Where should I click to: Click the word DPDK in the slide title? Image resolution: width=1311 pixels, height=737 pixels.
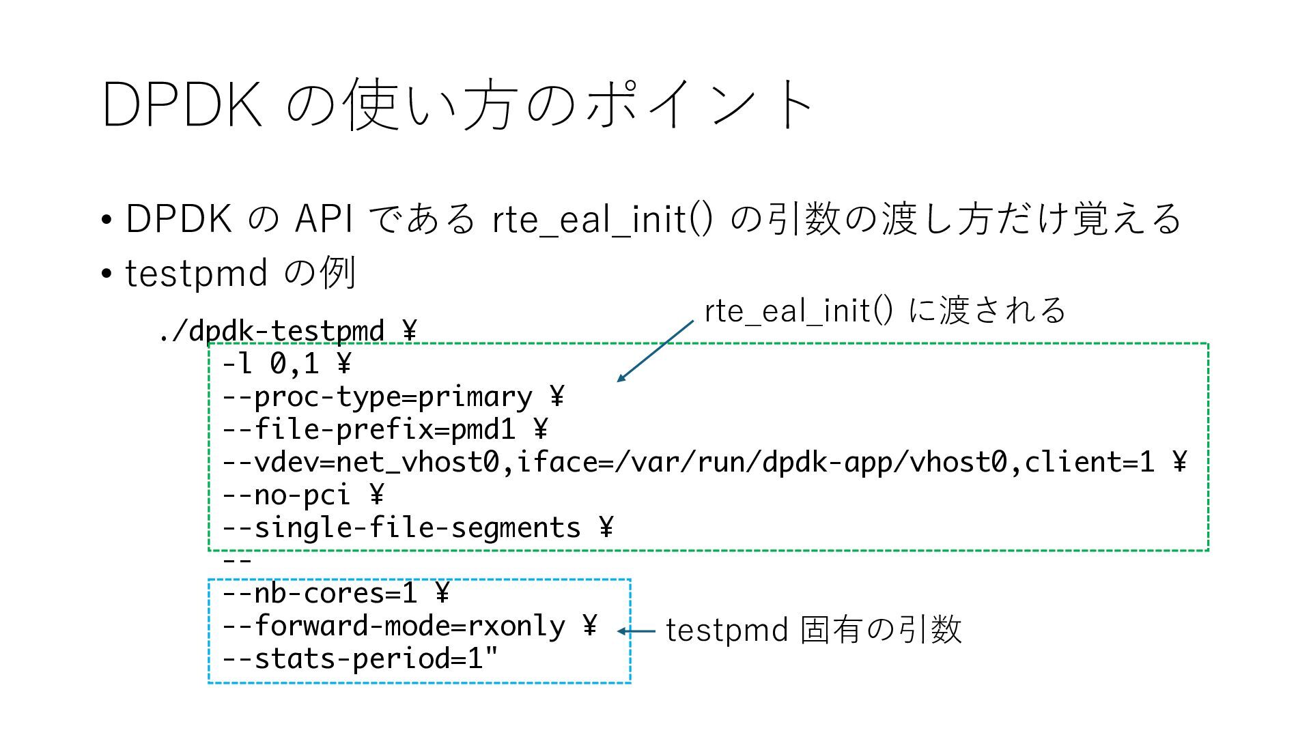[x=182, y=104]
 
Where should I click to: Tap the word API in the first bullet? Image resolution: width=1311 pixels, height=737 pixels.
[x=324, y=219]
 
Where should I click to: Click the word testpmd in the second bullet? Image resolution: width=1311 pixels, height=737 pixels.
[x=196, y=274]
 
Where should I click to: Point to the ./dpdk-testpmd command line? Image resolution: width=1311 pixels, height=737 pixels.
[x=272, y=332]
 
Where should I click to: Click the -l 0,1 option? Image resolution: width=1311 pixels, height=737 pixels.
[x=270, y=364]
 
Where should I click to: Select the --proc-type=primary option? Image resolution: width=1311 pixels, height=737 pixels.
[x=377, y=396]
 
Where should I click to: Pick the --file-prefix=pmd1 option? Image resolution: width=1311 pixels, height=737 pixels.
[x=369, y=429]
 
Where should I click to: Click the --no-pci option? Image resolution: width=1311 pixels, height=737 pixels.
[x=286, y=495]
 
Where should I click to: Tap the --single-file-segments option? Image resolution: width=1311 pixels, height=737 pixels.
[x=401, y=528]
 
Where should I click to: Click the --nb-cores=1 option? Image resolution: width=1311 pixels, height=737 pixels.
[x=319, y=593]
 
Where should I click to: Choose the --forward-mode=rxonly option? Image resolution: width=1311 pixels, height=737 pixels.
[x=393, y=626]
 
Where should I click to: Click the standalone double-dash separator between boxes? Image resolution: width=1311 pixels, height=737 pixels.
[x=238, y=561]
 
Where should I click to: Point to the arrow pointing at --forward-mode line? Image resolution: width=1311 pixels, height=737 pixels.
[x=636, y=631]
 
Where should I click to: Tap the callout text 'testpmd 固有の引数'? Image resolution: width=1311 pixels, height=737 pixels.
[x=813, y=629]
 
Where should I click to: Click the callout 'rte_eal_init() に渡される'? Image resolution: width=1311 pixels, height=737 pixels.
[x=885, y=310]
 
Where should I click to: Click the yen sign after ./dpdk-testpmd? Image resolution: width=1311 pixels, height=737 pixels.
[x=409, y=332]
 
